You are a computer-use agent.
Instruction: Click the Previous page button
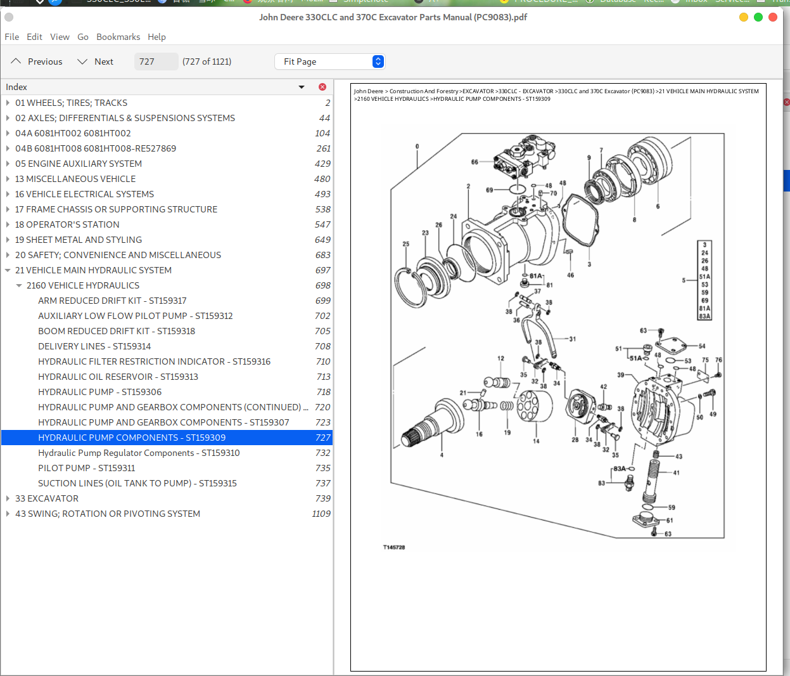(37, 62)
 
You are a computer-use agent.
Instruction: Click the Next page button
(95, 62)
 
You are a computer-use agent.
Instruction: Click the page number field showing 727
(155, 62)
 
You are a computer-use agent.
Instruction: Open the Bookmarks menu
(118, 37)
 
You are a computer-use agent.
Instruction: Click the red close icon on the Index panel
(322, 87)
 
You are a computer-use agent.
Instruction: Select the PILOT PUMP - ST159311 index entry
(86, 468)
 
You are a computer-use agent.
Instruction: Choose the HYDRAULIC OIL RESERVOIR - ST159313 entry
(118, 377)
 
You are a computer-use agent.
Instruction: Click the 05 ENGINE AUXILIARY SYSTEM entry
(79, 164)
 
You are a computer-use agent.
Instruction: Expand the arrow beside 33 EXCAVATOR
(8, 498)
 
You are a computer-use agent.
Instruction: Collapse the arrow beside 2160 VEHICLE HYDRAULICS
(19, 285)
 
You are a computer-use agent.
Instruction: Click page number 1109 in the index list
(321, 514)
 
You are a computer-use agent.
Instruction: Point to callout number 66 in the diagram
(475, 162)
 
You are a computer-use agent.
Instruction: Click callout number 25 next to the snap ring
(406, 244)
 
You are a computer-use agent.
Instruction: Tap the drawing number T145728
(394, 547)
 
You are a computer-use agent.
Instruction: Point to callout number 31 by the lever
(573, 339)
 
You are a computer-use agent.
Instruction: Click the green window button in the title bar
(758, 17)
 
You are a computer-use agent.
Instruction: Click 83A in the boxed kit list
(704, 316)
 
